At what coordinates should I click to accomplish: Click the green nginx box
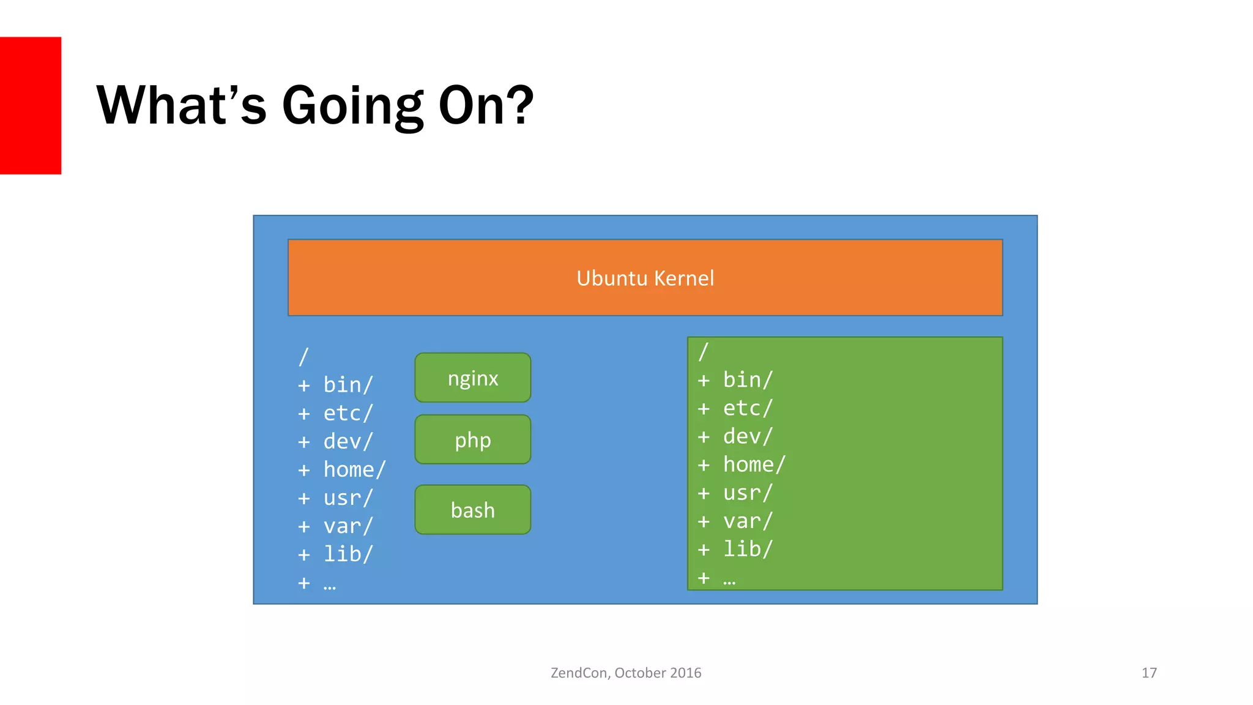coord(472,378)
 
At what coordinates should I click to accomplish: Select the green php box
coord(472,439)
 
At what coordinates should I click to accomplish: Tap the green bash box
coord(472,510)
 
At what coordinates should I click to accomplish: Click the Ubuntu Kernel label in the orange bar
coord(645,278)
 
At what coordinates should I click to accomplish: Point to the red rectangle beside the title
coord(30,105)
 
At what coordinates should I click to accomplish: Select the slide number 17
coord(1148,673)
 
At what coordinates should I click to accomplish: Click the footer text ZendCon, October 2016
coord(626,673)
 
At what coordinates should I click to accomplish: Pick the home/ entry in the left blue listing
coord(354,469)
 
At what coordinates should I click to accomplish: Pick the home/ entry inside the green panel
coord(754,464)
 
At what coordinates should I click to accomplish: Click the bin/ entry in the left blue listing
coord(348,385)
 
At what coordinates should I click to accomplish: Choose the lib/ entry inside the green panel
coord(748,549)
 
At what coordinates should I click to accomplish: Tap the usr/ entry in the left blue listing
coord(348,498)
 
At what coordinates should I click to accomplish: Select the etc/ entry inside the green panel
coord(748,408)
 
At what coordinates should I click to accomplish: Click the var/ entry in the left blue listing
coord(348,526)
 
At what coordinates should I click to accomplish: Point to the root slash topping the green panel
coord(703,352)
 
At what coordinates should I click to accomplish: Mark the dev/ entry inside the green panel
coord(748,436)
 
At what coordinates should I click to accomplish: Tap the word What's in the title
coord(182,105)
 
